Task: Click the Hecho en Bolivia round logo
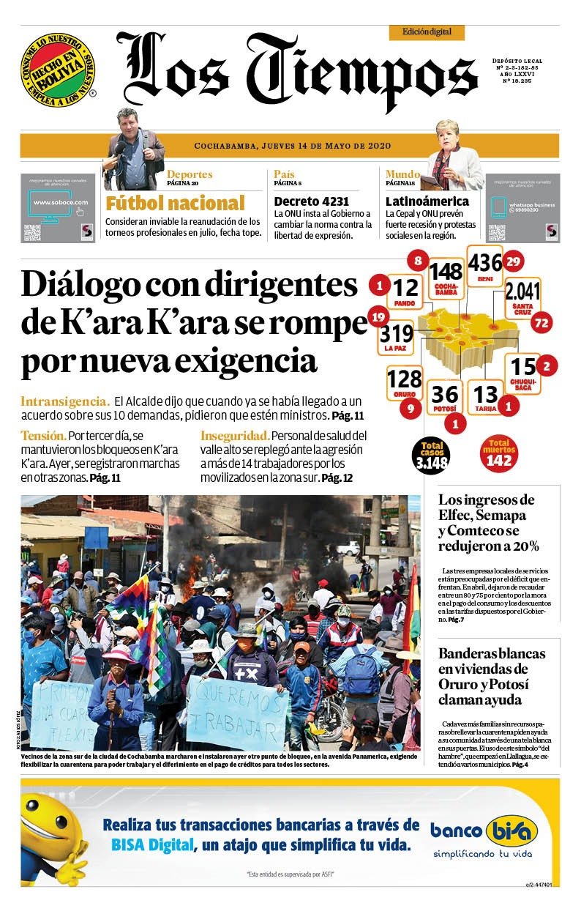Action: tap(58, 67)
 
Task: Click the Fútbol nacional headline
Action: tap(175, 203)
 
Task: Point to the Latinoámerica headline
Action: tap(427, 201)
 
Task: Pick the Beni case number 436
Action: tap(484, 263)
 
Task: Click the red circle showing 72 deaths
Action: tap(541, 322)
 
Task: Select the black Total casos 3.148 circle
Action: tap(431, 455)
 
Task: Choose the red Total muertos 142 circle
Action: tap(500, 453)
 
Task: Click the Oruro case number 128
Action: tap(404, 379)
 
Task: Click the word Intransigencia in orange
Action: tap(65, 401)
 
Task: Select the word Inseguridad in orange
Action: tap(235, 436)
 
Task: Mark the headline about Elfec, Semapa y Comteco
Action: tap(489, 523)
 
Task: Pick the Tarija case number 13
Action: tap(485, 394)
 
